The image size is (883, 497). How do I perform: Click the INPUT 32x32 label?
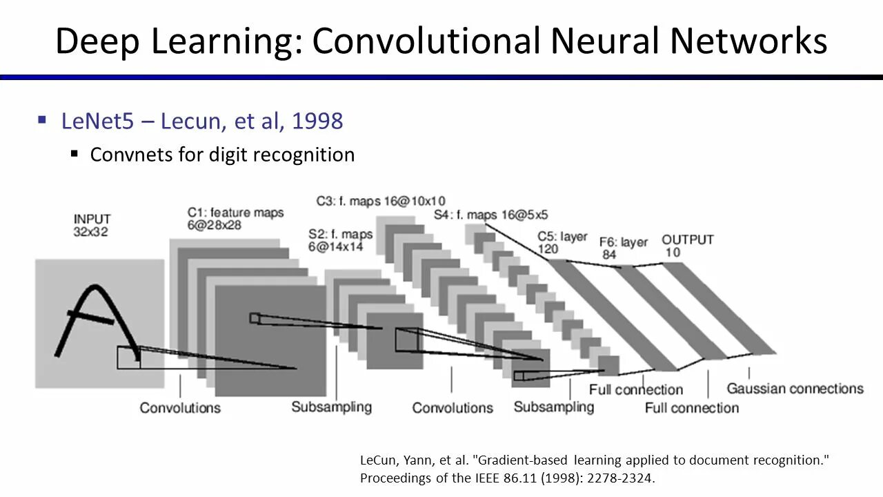[x=92, y=226]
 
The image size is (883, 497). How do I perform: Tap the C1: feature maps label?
[x=235, y=218]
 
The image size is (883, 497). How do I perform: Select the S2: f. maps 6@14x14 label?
[x=340, y=240]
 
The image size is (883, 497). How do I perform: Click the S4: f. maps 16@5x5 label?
[x=490, y=215]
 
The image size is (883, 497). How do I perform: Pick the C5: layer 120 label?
[x=562, y=242]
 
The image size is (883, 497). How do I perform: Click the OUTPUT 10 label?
[x=687, y=246]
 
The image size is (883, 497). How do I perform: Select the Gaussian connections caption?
[x=795, y=389]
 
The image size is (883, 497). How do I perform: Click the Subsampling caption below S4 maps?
[x=553, y=407]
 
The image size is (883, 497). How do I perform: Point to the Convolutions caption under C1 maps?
[x=180, y=407]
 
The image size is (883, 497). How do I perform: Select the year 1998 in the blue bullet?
[x=317, y=121]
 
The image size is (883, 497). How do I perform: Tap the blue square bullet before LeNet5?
[x=42, y=121]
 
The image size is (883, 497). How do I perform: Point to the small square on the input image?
[x=128, y=357]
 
